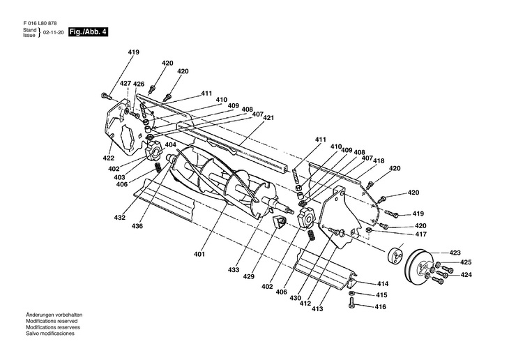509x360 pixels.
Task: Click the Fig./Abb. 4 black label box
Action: pos(89,33)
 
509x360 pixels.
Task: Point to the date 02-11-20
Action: pos(53,33)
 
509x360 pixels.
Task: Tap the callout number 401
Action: pos(200,254)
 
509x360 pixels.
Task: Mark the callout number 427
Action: pos(126,84)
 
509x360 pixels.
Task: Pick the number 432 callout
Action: pos(120,218)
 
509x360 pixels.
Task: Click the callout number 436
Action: pos(138,227)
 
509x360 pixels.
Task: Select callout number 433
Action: pos(234,269)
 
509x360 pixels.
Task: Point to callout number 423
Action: pos(455,253)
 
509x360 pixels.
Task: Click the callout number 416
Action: pos(380,306)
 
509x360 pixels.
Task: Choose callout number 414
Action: pos(383,284)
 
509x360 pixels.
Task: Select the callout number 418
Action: pos(378,160)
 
